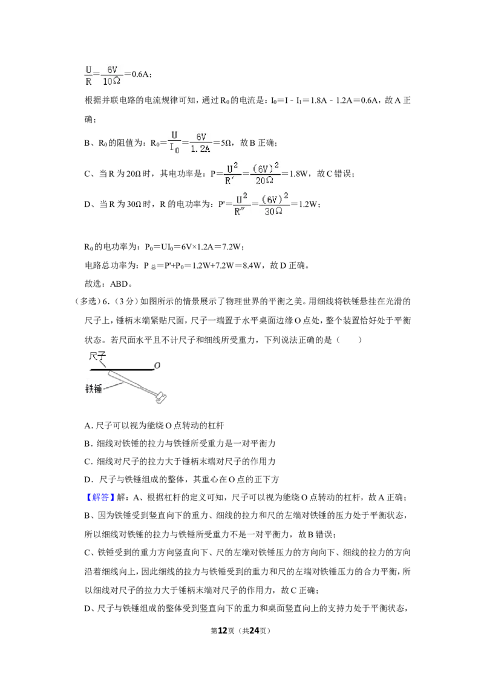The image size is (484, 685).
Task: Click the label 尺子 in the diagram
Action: (97, 356)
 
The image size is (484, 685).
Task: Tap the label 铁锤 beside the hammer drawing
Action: (94, 388)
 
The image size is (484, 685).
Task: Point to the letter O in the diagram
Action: (157, 365)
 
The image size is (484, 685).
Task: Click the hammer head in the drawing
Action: (161, 397)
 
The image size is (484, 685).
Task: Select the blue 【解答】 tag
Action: (100, 497)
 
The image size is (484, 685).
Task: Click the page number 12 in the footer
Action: (223, 631)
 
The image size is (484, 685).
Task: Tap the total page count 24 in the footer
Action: (254, 631)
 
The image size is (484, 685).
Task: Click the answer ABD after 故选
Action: (119, 284)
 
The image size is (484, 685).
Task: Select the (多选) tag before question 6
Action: (87, 301)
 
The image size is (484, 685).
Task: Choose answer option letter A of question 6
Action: (87, 425)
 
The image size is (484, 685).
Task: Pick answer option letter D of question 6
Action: (88, 479)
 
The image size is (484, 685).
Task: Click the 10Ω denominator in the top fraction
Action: (111, 81)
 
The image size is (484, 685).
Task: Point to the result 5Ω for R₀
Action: (226, 143)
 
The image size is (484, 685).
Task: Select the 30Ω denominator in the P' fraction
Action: (273, 211)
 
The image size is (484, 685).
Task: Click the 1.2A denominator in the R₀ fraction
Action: (200, 149)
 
